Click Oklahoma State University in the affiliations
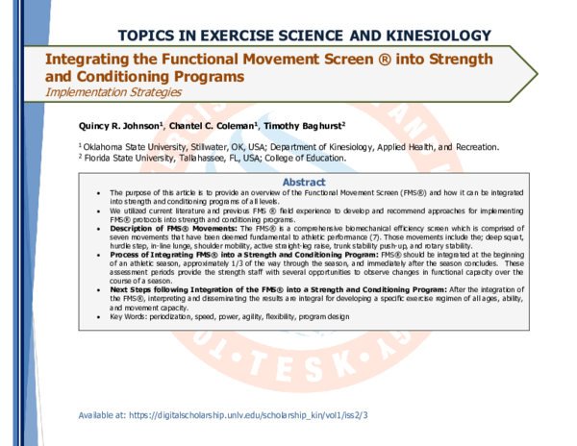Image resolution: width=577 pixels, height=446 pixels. coord(128,147)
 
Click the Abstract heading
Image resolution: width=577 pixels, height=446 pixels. coord(302,182)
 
